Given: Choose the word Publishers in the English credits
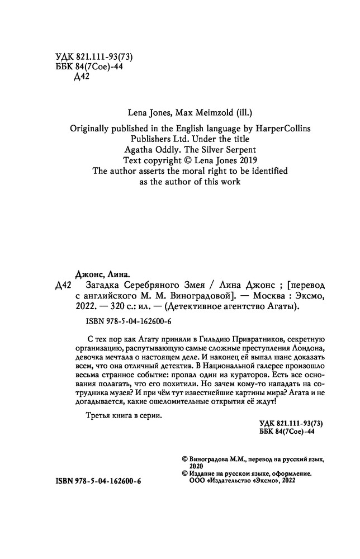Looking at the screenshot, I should (x=153, y=139).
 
